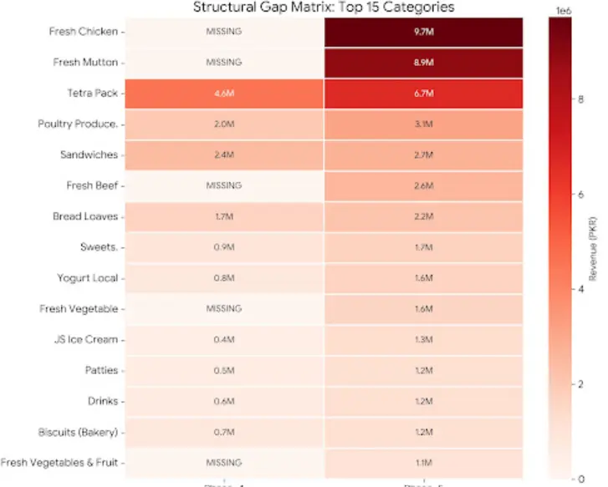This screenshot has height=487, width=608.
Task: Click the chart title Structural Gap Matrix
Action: tap(324, 8)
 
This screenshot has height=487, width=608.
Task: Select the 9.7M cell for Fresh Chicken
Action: tap(424, 32)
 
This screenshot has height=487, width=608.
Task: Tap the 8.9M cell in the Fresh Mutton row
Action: tap(424, 63)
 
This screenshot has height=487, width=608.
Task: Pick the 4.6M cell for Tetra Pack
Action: tap(224, 94)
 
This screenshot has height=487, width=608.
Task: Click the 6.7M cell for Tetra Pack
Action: tap(424, 94)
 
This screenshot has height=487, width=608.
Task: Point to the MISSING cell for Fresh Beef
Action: tap(224, 185)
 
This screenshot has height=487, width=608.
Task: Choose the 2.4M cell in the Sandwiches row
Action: tap(224, 155)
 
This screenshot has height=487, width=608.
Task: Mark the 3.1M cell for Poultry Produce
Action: tap(424, 124)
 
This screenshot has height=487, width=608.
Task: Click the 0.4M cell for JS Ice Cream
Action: tap(224, 339)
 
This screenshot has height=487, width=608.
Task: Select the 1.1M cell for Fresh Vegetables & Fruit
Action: tap(424, 462)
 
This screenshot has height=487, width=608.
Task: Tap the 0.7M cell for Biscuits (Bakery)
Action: tap(224, 432)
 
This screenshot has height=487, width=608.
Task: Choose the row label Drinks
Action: tap(102, 401)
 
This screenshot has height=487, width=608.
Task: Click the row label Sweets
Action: tap(98, 247)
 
